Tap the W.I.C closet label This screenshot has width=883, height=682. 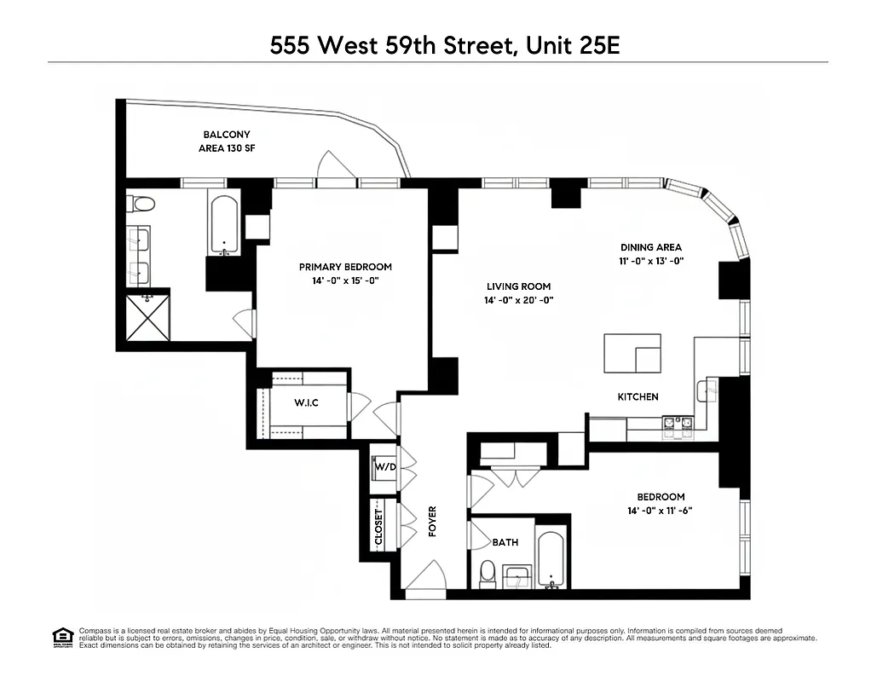click(306, 402)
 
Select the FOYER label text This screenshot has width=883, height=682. click(432, 522)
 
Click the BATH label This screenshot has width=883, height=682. click(505, 541)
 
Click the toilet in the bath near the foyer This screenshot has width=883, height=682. click(488, 574)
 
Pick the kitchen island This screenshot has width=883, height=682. click(632, 353)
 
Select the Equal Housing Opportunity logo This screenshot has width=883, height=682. click(62, 636)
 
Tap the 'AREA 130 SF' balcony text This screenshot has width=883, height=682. click(221, 149)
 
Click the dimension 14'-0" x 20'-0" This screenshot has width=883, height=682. click(519, 300)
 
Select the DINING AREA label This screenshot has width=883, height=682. click(652, 247)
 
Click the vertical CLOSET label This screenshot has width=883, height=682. click(379, 527)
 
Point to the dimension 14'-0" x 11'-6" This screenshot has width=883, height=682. click(661, 511)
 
